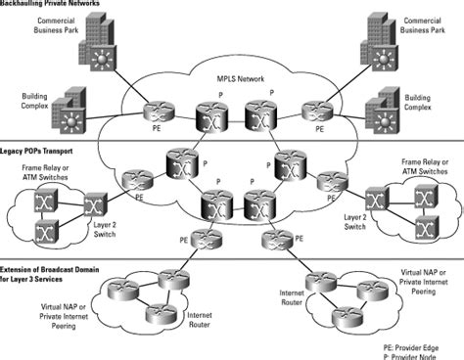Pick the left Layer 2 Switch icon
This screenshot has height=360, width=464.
96,206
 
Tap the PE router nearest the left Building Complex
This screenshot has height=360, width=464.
153,111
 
